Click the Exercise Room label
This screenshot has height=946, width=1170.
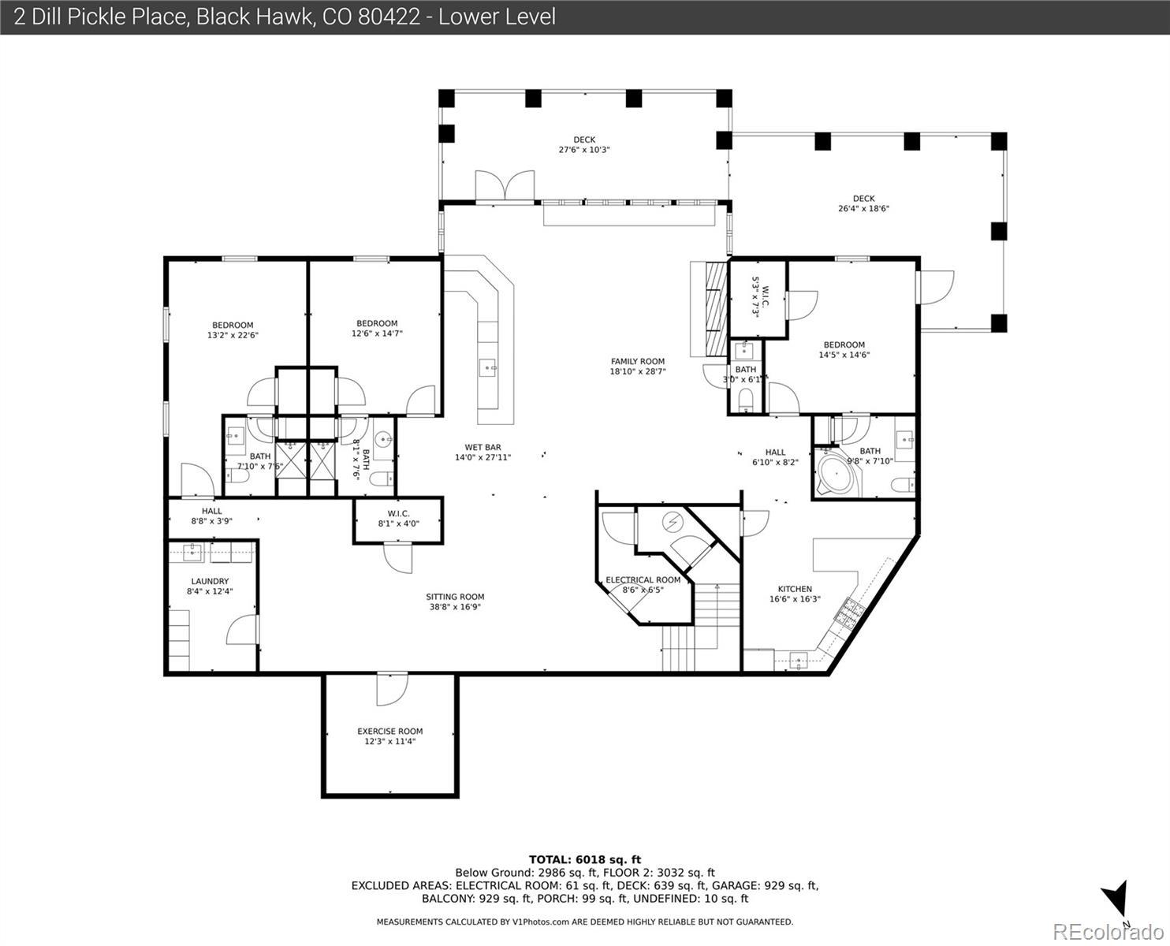(390, 732)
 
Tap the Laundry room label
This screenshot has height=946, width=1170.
(210, 582)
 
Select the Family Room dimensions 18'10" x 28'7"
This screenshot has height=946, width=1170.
(638, 372)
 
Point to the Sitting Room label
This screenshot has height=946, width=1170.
(455, 597)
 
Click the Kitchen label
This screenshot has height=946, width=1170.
(795, 589)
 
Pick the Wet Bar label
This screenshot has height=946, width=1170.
(483, 448)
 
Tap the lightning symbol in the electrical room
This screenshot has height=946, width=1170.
(671, 522)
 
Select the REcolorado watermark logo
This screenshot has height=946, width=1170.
(1109, 933)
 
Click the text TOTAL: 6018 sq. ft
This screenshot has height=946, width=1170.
(585, 860)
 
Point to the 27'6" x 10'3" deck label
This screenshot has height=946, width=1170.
(584, 145)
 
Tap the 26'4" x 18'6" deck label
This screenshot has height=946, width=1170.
(863, 203)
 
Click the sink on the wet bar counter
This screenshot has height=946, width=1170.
(488, 367)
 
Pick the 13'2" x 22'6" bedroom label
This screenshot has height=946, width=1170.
(233, 330)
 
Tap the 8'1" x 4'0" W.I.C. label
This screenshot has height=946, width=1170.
(398, 519)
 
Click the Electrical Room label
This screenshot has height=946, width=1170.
(643, 579)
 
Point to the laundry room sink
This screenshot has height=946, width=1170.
(193, 553)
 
